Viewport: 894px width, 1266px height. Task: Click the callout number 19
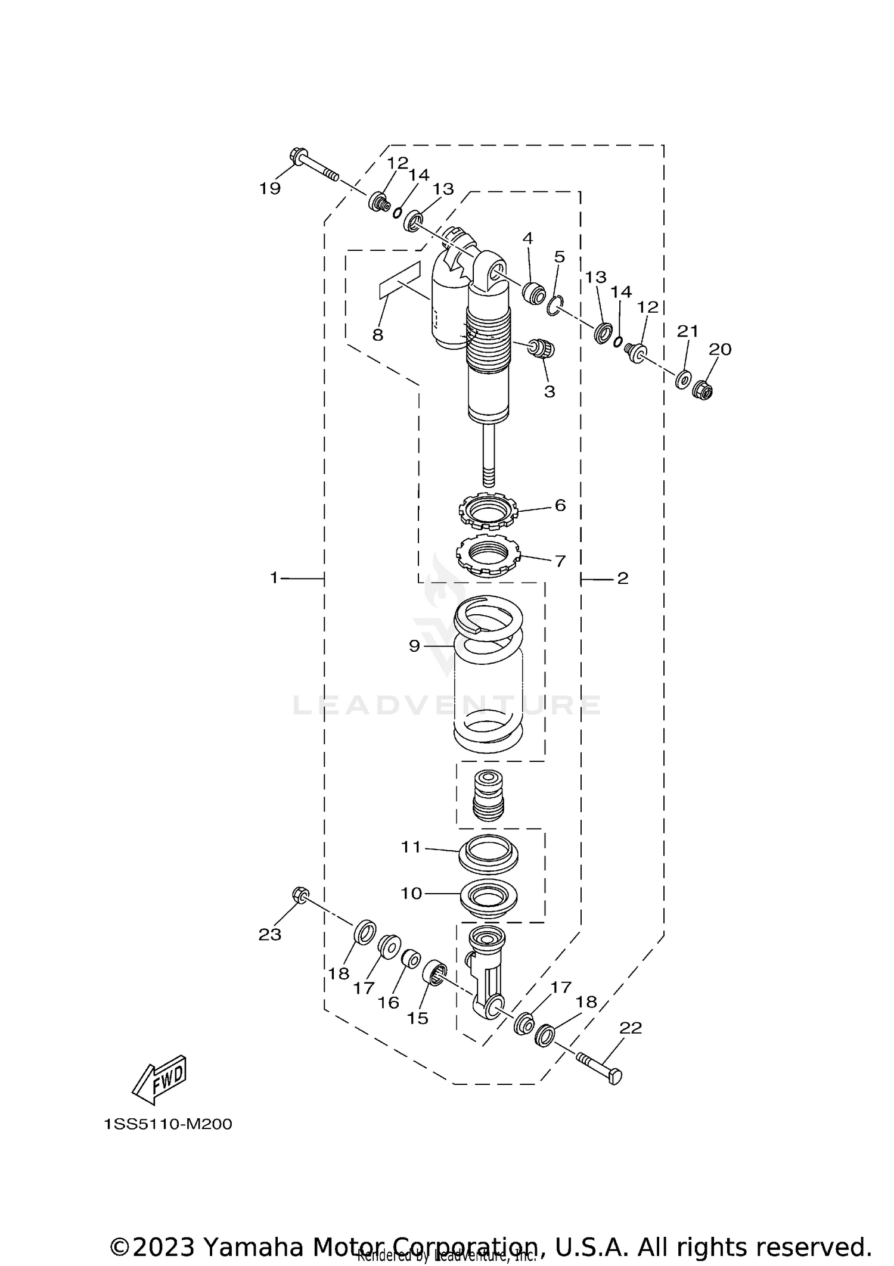(269, 188)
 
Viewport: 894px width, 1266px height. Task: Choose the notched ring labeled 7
(488, 556)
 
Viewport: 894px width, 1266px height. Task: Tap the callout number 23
(269, 934)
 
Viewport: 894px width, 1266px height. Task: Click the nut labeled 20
(704, 391)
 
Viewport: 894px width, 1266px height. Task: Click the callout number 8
(377, 335)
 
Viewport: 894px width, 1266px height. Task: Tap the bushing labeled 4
(533, 293)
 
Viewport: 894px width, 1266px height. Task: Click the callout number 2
(623, 578)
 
